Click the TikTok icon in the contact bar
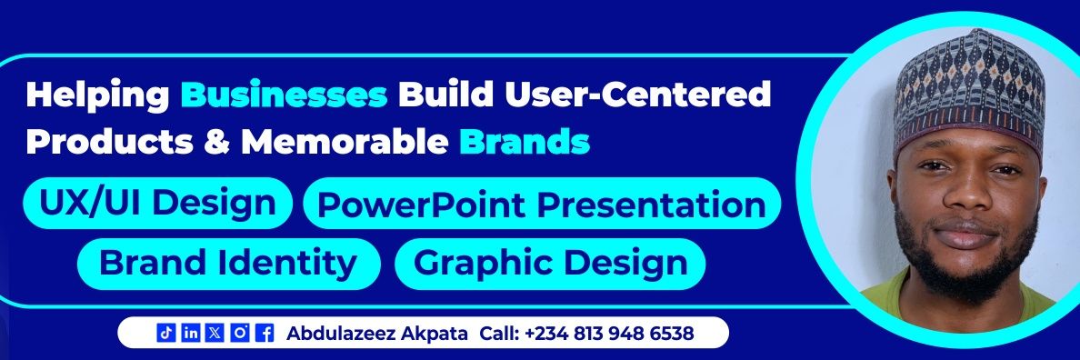click(x=165, y=334)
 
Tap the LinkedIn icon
click(x=191, y=334)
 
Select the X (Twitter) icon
click(x=215, y=334)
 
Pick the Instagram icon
click(x=240, y=334)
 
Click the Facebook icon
click(x=265, y=334)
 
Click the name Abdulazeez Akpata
click(x=377, y=334)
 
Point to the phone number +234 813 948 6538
click(x=608, y=334)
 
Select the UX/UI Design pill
click(x=157, y=203)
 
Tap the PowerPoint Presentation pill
click(x=541, y=204)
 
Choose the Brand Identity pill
click(x=227, y=263)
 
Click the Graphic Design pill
click(x=550, y=263)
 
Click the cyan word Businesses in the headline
click(x=285, y=94)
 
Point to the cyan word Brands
click(x=525, y=142)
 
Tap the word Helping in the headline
click(x=98, y=94)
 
